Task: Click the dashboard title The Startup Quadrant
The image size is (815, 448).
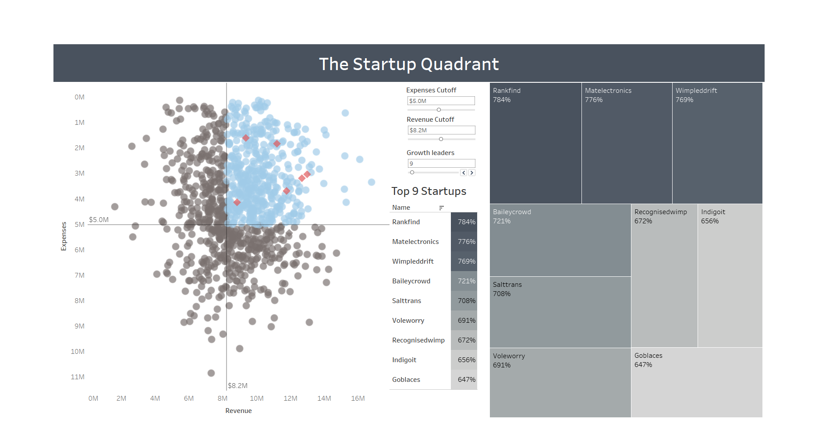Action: (x=408, y=64)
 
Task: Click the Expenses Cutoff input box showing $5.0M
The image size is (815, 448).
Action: (x=441, y=101)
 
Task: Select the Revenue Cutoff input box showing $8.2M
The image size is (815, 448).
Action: (x=441, y=130)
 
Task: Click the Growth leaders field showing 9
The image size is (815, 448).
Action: (x=441, y=163)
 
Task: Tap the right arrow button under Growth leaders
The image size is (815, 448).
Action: (x=471, y=173)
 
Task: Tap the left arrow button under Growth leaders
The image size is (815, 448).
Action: (x=464, y=173)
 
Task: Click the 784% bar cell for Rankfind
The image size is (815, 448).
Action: (x=464, y=222)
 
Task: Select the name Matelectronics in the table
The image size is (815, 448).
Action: (x=415, y=242)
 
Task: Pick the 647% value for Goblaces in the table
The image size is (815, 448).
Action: (x=464, y=380)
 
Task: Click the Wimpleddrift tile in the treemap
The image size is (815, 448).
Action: (x=717, y=143)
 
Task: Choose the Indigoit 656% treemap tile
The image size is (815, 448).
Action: (x=730, y=276)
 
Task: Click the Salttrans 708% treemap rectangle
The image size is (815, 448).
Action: (x=560, y=312)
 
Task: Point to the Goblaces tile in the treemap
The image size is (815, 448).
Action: (x=696, y=382)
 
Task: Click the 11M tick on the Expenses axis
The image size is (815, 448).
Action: (x=78, y=377)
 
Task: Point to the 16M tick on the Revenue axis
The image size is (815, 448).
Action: (x=358, y=399)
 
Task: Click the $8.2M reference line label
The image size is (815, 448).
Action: (x=237, y=386)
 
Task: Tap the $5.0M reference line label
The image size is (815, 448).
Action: (x=99, y=220)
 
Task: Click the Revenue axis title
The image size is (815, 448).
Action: (x=238, y=411)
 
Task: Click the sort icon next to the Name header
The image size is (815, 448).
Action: (x=441, y=208)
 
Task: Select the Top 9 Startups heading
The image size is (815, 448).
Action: (x=429, y=191)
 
